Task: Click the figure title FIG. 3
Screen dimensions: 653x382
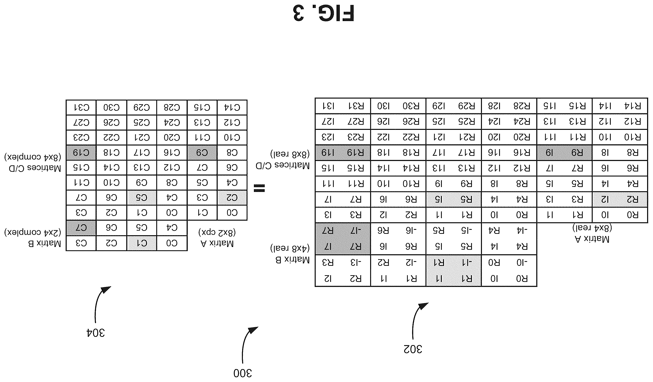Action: [323, 13]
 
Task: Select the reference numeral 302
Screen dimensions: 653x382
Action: [413, 349]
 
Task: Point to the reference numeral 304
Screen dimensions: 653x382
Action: [95, 333]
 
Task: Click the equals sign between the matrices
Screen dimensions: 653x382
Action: [259, 188]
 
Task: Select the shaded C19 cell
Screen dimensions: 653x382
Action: [81, 152]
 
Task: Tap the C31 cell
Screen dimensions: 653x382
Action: [81, 107]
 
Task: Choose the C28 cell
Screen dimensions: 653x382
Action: [172, 107]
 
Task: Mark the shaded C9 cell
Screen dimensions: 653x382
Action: [202, 152]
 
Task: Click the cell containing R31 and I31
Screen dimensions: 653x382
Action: [343, 106]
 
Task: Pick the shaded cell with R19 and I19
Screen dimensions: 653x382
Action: [343, 152]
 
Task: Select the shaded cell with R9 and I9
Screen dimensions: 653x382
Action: [565, 152]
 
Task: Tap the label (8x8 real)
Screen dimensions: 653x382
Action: [290, 154]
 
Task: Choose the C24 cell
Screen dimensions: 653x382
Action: [172, 122]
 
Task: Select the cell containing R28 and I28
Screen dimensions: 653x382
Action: [509, 106]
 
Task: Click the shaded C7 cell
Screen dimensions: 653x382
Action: [81, 228]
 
